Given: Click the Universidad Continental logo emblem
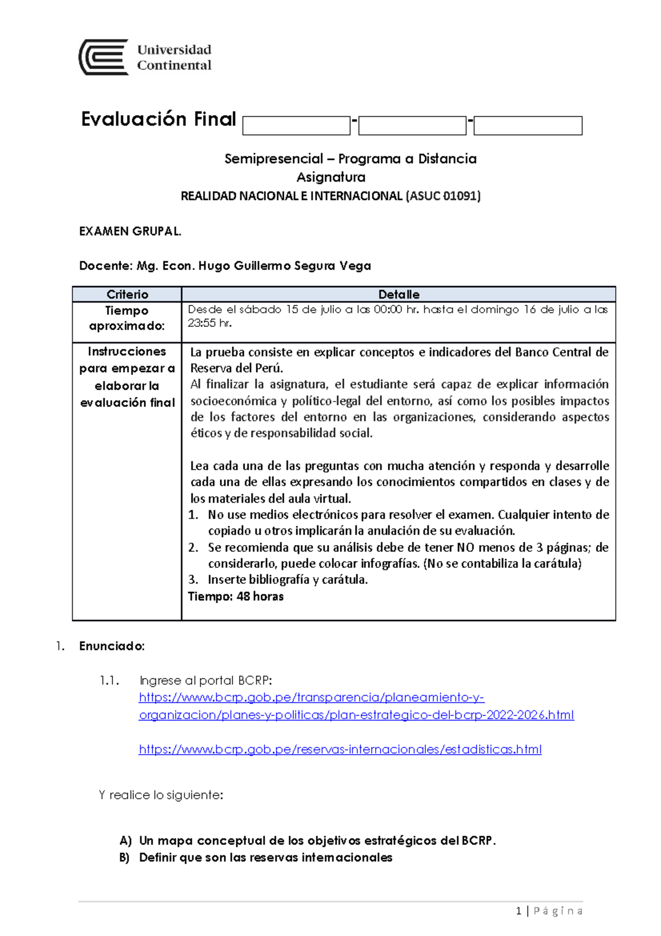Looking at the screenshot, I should point(104,57).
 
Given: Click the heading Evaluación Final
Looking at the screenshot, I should point(158,119).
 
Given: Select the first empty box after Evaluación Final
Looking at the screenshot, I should point(296,126).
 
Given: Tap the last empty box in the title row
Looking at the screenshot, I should point(528,126).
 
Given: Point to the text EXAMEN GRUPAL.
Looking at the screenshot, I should point(130,232).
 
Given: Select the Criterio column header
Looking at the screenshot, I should point(127,294).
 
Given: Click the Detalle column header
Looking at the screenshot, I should point(399,294).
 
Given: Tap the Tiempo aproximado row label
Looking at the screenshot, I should point(127,318).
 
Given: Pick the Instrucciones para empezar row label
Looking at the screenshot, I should point(127,376).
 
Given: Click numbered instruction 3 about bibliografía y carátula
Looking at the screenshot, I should point(286,579).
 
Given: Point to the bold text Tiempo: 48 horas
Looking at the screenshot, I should point(236,596).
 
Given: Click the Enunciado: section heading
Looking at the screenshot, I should point(112,646).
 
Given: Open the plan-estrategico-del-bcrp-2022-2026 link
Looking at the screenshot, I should point(356,715).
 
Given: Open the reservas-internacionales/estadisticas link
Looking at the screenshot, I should point(340,750).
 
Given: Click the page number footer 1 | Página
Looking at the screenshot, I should point(549,911).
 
